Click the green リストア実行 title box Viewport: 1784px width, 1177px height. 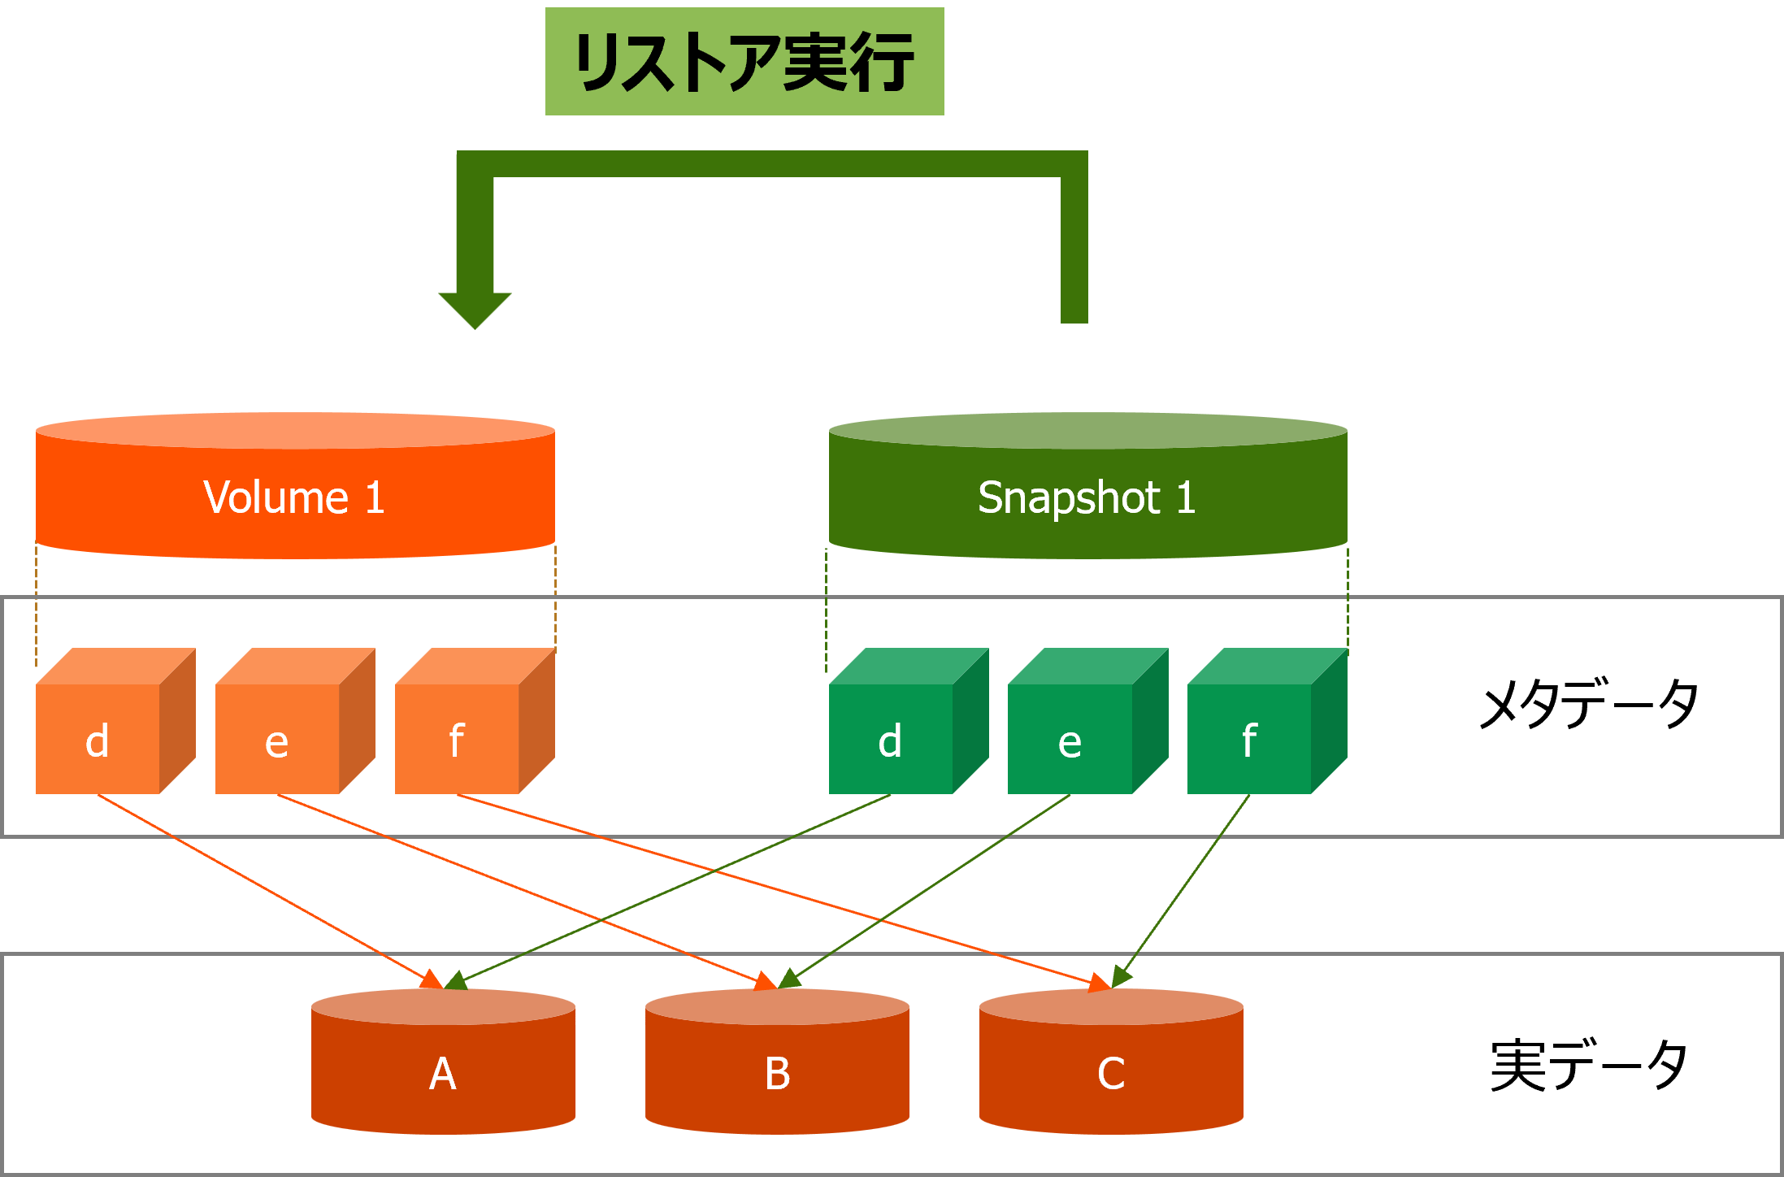tap(744, 62)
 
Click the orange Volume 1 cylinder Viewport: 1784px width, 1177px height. tap(295, 488)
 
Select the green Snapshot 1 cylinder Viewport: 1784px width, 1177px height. tap(1087, 488)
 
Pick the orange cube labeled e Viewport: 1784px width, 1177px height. tap(278, 736)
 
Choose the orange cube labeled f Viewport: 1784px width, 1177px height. tap(458, 736)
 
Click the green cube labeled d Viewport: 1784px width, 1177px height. tap(892, 736)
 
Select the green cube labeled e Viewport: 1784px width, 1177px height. tap(1070, 736)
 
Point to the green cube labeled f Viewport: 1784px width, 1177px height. tap(1250, 736)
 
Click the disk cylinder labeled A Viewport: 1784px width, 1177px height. tap(443, 1065)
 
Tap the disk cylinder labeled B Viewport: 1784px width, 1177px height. tap(777, 1065)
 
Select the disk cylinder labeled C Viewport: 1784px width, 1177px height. tap(1111, 1065)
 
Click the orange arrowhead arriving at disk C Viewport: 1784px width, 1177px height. tap(1100, 983)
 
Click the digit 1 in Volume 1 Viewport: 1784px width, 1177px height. tap(374, 497)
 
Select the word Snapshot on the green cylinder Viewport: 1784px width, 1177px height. tap(1069, 497)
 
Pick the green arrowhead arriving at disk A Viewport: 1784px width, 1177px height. tap(455, 980)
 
